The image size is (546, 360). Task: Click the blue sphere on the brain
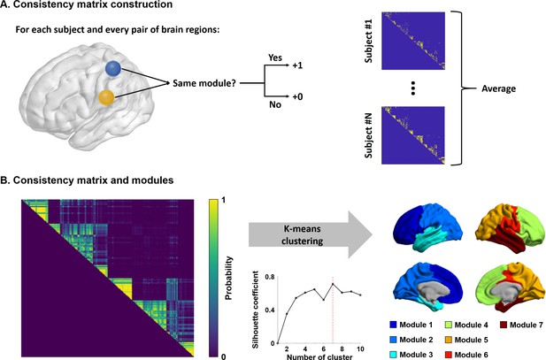coord(113,69)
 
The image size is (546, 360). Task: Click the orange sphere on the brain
coord(106,97)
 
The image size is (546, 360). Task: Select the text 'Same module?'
coord(204,83)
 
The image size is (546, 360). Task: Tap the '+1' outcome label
coord(297,65)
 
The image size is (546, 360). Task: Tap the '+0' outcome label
coord(297,96)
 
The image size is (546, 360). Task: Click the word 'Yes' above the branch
coord(274,57)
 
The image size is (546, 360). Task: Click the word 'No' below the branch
coord(274,104)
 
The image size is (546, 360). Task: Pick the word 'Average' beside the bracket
coord(498,88)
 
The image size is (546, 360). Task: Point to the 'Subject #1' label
coord(368,41)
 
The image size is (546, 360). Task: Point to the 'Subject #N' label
coord(368,135)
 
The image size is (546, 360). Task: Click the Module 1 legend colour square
coord(393,326)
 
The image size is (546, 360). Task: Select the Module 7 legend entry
coord(521,326)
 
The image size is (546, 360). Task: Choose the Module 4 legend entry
coord(466,326)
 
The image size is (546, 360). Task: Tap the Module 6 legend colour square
coord(449,355)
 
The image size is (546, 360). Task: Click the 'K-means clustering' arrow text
coord(302,235)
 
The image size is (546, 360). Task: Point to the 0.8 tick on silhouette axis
coord(270,277)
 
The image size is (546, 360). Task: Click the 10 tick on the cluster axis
coord(360,349)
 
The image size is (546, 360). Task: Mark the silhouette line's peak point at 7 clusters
coord(333,284)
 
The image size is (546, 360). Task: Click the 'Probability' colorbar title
coord(228,278)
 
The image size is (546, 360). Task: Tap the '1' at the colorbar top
coord(224,202)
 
